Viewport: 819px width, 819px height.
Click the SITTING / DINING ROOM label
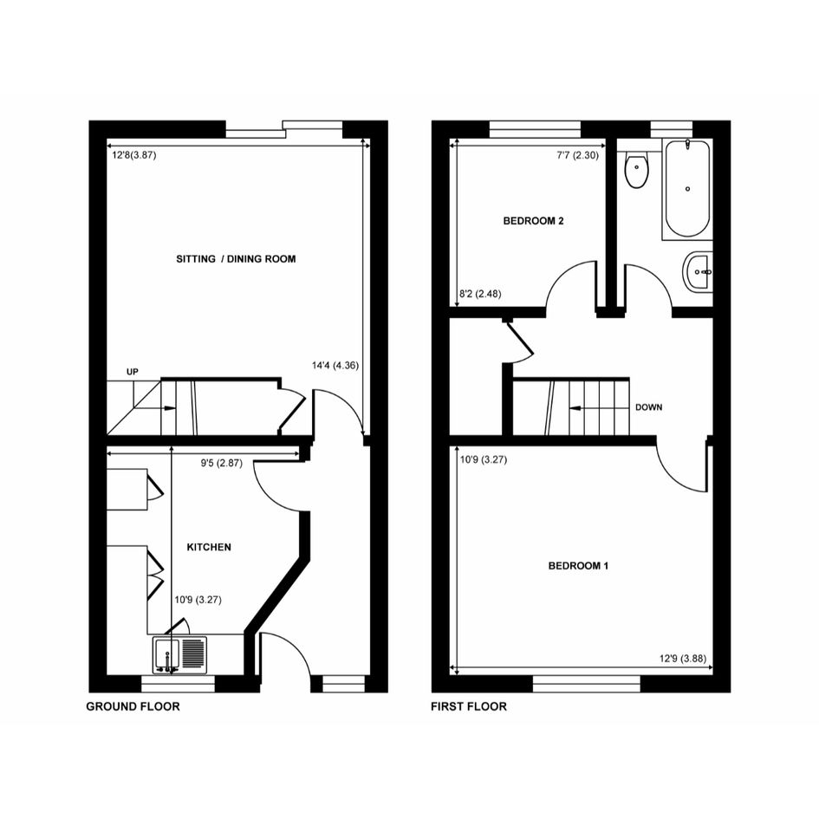[236, 258]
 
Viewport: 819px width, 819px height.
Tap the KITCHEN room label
[209, 547]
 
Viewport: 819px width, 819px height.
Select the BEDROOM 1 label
[578, 566]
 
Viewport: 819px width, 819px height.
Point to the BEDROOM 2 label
[533, 221]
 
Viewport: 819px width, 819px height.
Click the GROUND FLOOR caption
[133, 706]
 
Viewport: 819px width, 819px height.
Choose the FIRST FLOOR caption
[469, 706]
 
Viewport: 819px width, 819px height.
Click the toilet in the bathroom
[637, 167]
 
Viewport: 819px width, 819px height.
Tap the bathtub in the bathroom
[687, 189]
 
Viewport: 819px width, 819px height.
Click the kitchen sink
[179, 655]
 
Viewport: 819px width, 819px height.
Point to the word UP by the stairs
[132, 372]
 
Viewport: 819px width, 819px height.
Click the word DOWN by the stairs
[649, 407]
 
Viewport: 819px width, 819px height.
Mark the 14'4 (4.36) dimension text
[335, 366]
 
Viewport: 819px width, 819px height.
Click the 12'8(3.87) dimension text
[134, 155]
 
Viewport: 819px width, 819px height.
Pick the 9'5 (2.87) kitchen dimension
[222, 464]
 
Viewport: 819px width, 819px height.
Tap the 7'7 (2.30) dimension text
[578, 155]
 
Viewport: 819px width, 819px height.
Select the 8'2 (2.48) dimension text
[480, 294]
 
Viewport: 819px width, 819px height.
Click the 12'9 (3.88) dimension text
[683, 659]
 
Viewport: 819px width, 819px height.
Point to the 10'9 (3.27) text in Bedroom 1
[484, 460]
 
